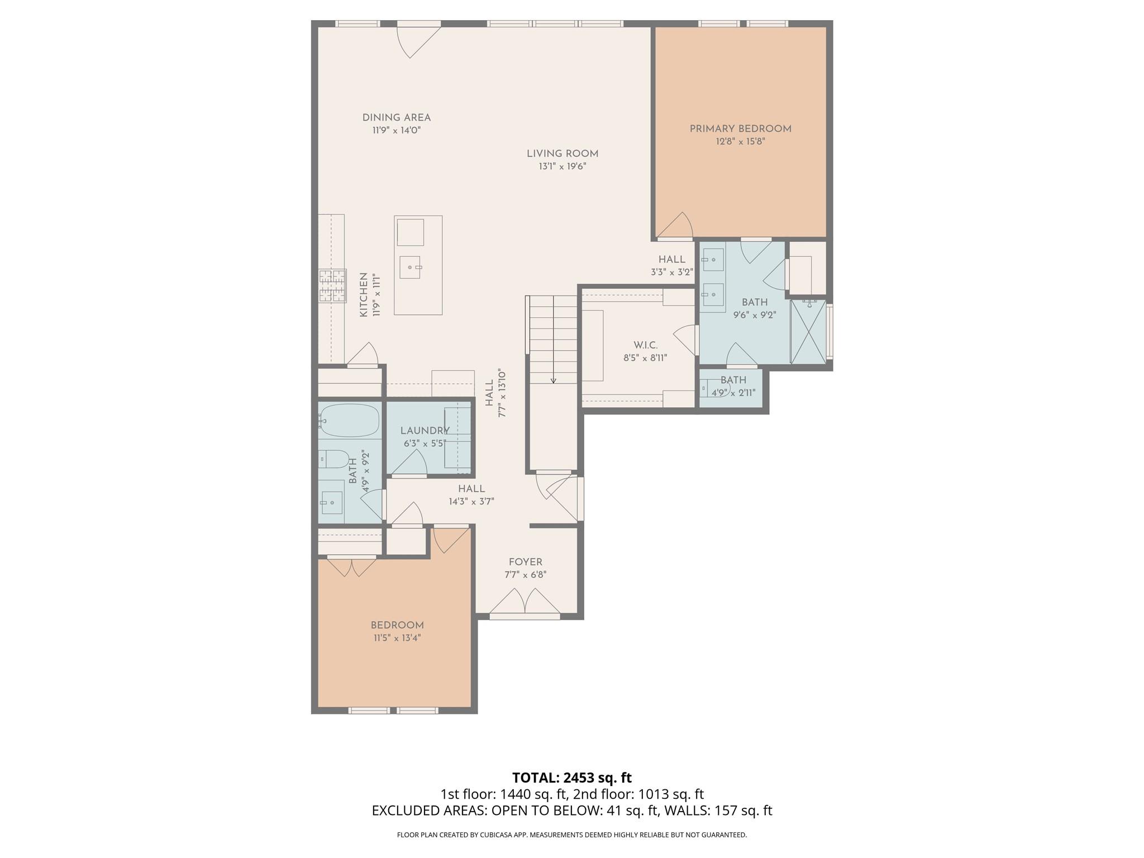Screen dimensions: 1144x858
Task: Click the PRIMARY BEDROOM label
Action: pos(740,129)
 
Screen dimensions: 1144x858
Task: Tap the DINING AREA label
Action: pos(397,118)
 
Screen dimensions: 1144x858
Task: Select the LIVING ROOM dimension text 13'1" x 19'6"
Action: pos(563,166)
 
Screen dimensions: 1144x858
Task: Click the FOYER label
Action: pos(525,562)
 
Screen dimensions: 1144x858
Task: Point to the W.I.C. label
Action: pos(645,345)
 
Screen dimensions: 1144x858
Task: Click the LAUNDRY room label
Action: pos(425,431)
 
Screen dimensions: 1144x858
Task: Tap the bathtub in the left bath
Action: pos(350,420)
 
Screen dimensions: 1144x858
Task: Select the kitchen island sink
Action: pos(411,268)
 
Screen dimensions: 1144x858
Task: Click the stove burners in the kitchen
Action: pos(332,285)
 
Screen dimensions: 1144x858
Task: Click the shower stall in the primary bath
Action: pos(808,332)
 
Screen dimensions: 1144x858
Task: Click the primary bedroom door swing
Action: pos(675,225)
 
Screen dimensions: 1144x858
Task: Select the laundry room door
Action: pos(409,463)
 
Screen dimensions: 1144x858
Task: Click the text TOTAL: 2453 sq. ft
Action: pos(572,778)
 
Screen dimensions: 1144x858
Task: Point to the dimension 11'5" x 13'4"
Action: pos(397,638)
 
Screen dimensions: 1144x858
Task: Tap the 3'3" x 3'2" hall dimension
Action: pos(672,273)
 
